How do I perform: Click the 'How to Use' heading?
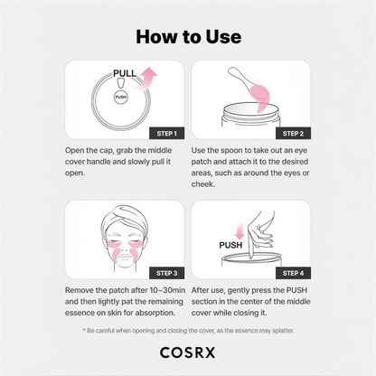(x=188, y=36)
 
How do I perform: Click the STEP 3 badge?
(x=162, y=271)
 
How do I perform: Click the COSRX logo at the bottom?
(x=188, y=354)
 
